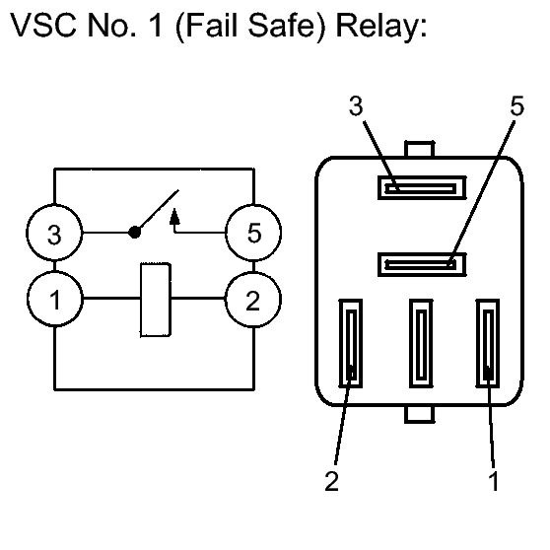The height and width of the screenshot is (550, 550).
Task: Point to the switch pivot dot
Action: coord(134,232)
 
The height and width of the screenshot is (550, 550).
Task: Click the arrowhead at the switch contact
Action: coord(174,217)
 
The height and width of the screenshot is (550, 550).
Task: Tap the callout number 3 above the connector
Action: coord(356,105)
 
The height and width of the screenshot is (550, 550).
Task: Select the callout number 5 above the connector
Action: coord(517,105)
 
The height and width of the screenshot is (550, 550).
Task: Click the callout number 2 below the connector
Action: coord(332,481)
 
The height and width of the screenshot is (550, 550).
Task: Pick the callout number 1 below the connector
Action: coord(494,481)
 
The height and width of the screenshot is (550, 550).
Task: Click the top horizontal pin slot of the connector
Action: coord(422,188)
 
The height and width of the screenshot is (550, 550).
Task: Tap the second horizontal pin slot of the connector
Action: coord(422,264)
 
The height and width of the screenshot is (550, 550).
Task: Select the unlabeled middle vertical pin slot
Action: coord(421,343)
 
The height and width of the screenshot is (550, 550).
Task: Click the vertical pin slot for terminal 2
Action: coord(351,343)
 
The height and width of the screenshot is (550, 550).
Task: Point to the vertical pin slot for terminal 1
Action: coord(488,343)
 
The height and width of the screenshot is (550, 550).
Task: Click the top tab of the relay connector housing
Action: coord(420,149)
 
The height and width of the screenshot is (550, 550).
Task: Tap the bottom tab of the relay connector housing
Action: coord(420,415)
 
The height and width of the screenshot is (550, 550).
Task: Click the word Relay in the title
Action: coord(381,27)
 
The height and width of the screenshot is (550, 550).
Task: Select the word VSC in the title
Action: coord(43,25)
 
